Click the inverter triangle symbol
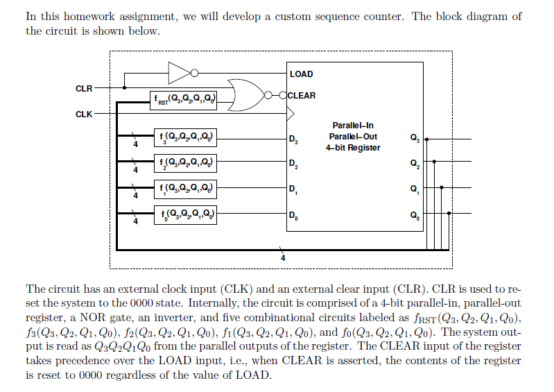click(179, 71)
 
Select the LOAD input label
click(301, 74)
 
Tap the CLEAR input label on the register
click(301, 96)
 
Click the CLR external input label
click(83, 88)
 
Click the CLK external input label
click(83, 113)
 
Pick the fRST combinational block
click(184, 101)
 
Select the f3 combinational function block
click(184, 137)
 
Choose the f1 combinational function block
click(184, 189)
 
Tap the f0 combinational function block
click(184, 214)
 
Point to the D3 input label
click(294, 142)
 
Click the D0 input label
click(294, 216)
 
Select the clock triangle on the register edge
click(291, 113)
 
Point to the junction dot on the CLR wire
click(124, 88)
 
